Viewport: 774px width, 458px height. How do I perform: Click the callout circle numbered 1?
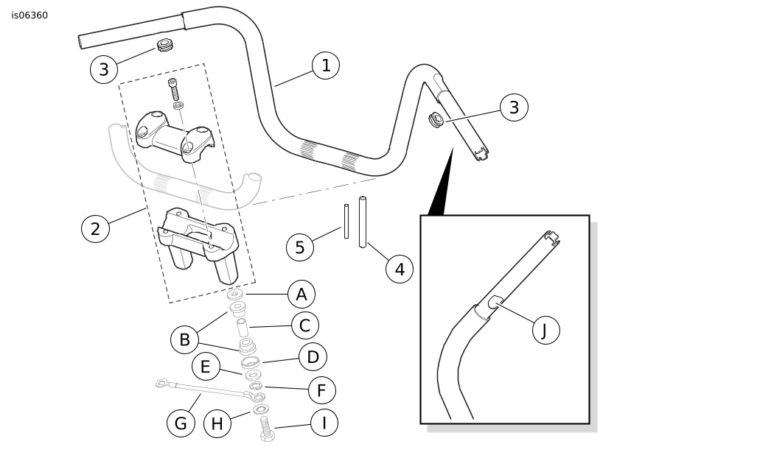326,66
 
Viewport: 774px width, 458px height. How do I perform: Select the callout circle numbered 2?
95,228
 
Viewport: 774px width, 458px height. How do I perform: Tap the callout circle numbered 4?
400,269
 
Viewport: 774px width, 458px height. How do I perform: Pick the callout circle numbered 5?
300,247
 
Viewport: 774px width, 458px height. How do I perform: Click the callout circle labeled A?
301,295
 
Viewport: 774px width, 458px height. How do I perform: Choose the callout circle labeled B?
185,339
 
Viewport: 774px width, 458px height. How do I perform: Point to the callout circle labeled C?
304,325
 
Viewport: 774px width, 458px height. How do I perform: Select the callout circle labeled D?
313,358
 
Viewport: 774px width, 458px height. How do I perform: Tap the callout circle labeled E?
206,367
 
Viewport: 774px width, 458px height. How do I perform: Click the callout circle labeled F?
321,390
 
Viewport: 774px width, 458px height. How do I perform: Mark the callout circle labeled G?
181,423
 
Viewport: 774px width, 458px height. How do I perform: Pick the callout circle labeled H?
217,423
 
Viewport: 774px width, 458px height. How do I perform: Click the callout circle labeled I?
324,423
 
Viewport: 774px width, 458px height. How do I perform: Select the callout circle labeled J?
545,330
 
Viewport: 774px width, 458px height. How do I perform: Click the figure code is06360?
29,15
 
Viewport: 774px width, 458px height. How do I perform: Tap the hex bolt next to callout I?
267,429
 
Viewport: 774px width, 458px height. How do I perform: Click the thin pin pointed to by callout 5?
346,221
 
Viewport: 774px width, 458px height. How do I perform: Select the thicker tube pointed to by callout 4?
363,222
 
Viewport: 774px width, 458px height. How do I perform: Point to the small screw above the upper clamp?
174,89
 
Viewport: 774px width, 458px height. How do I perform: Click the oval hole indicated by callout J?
495,300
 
